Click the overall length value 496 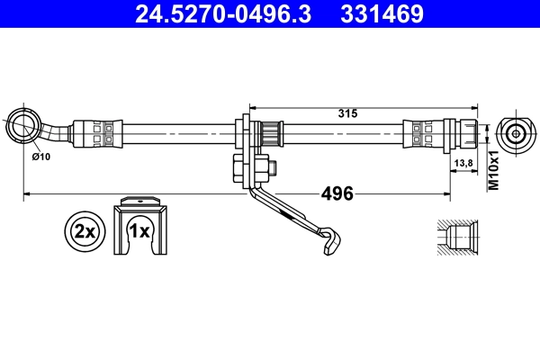coord(337,193)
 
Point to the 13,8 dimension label coord(465,162)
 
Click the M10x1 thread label coord(492,170)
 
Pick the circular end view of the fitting coord(516,134)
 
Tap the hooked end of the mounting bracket coord(330,240)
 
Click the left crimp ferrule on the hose coord(100,134)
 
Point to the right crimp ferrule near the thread coord(424,134)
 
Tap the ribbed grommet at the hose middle coord(265,135)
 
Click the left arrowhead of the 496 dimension coord(27,193)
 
